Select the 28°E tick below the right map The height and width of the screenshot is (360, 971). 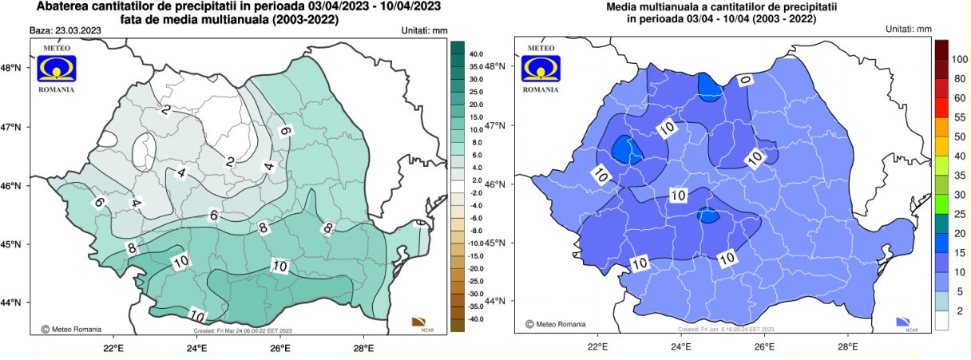click(x=847, y=347)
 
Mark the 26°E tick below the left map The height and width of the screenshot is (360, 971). click(x=279, y=347)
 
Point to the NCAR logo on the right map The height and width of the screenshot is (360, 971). click(x=904, y=322)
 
